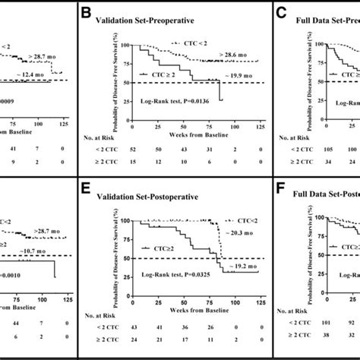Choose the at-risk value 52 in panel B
pyautogui.click(x=137, y=152)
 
